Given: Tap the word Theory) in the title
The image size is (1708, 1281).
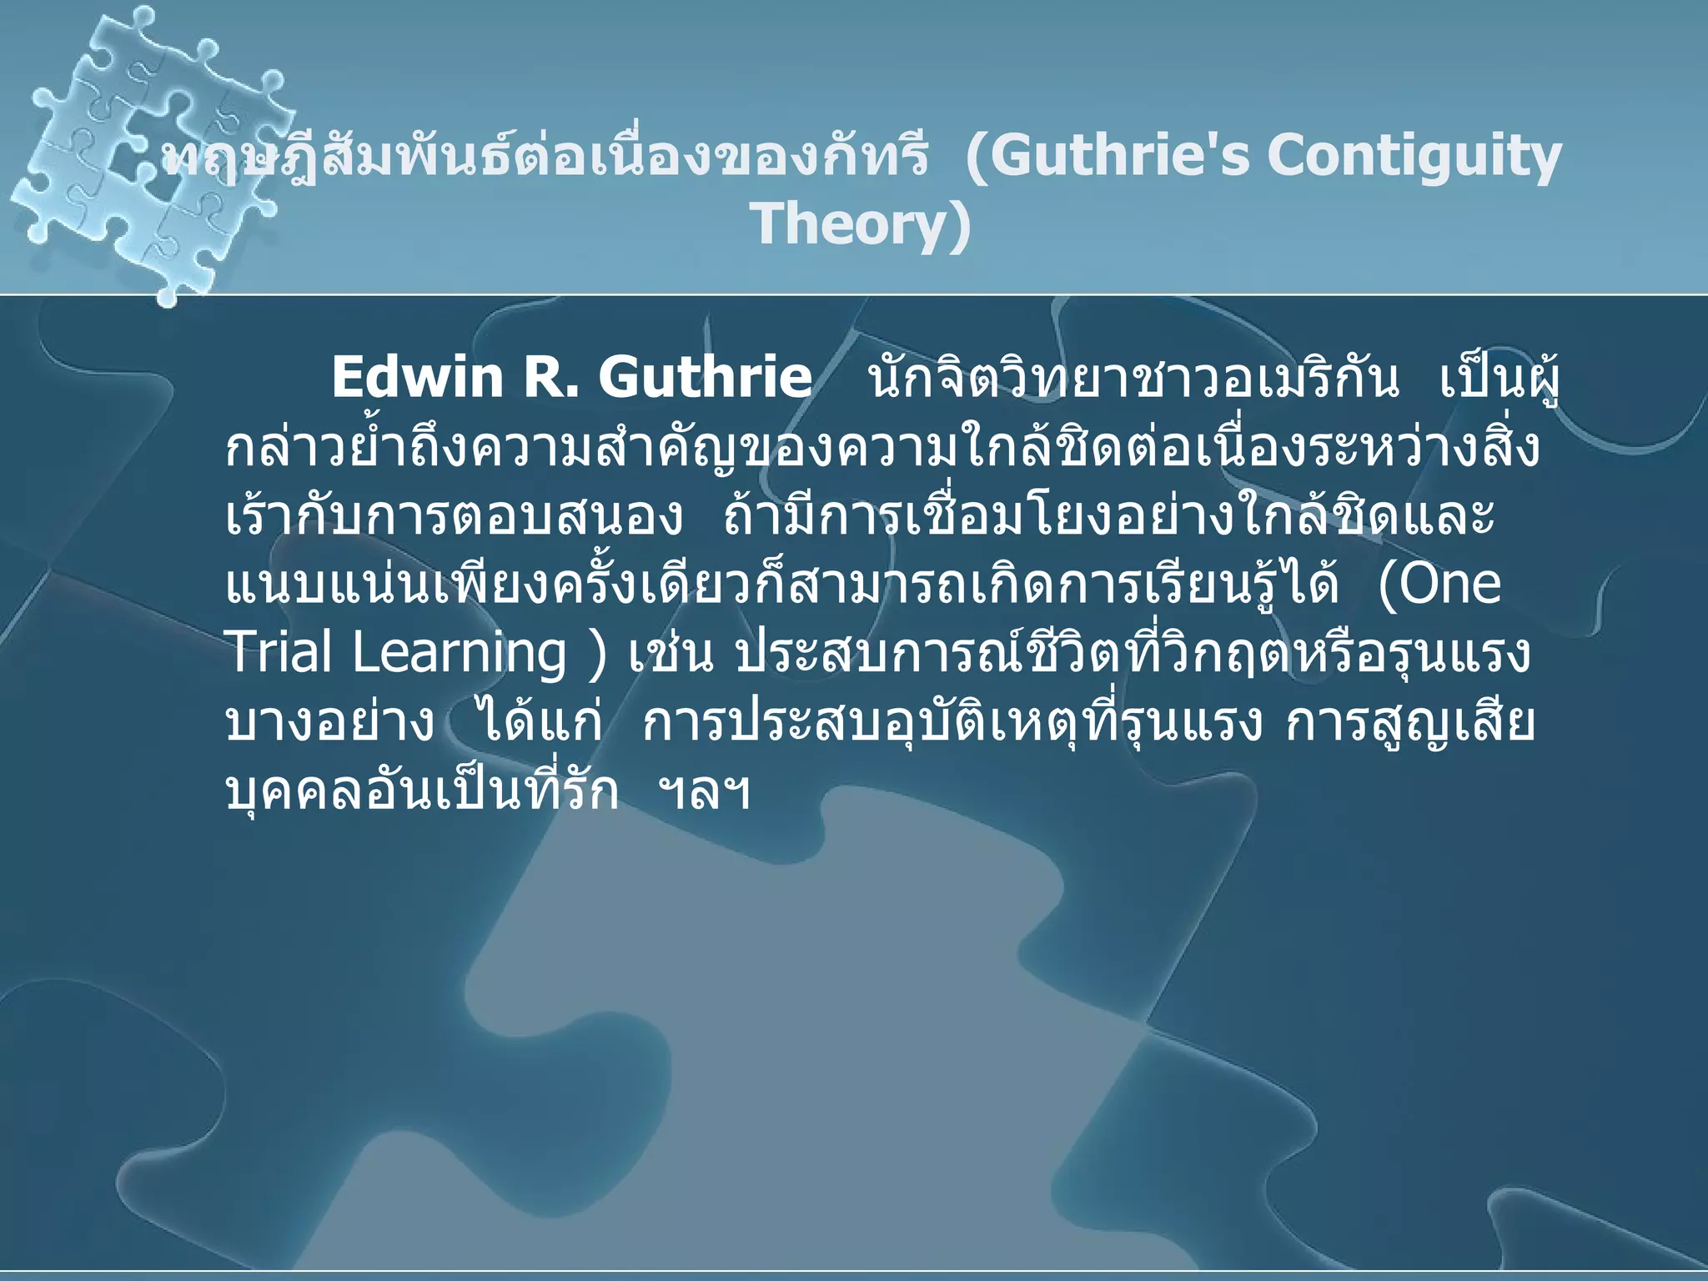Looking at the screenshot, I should click(861, 224).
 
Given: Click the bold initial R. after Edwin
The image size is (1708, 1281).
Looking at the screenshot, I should click(549, 378).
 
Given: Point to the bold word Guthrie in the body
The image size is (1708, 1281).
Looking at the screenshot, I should click(705, 378).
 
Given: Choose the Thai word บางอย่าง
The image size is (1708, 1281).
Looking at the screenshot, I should click(329, 722).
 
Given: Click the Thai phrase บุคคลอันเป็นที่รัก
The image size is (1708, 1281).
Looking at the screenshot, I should click(422, 791).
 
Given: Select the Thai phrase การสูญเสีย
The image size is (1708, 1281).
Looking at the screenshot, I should click(1409, 722).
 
